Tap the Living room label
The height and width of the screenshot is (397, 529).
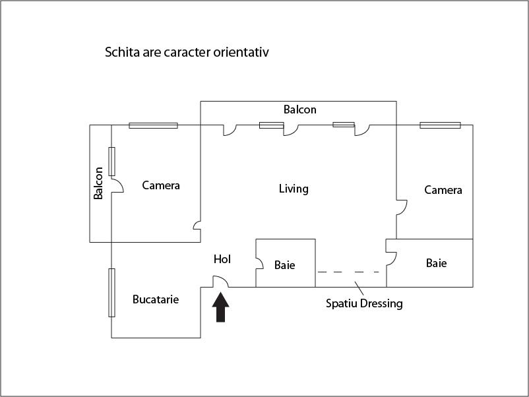294,189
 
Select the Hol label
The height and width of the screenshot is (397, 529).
222,260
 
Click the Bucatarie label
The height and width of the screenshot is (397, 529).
156,299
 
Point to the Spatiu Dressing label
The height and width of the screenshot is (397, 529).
364,304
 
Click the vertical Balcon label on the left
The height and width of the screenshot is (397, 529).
98,183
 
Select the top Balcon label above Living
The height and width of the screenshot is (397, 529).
300,109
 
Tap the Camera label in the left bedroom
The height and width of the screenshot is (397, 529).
161,185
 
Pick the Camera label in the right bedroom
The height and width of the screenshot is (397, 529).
443,190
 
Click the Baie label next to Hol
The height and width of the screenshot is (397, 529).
285,265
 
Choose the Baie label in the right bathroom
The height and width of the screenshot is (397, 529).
436,263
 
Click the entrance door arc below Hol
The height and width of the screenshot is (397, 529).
221,282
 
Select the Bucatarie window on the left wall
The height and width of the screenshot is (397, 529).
112,293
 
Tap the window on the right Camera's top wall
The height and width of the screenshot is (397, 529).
440,125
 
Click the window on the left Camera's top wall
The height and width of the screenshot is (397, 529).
153,125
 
